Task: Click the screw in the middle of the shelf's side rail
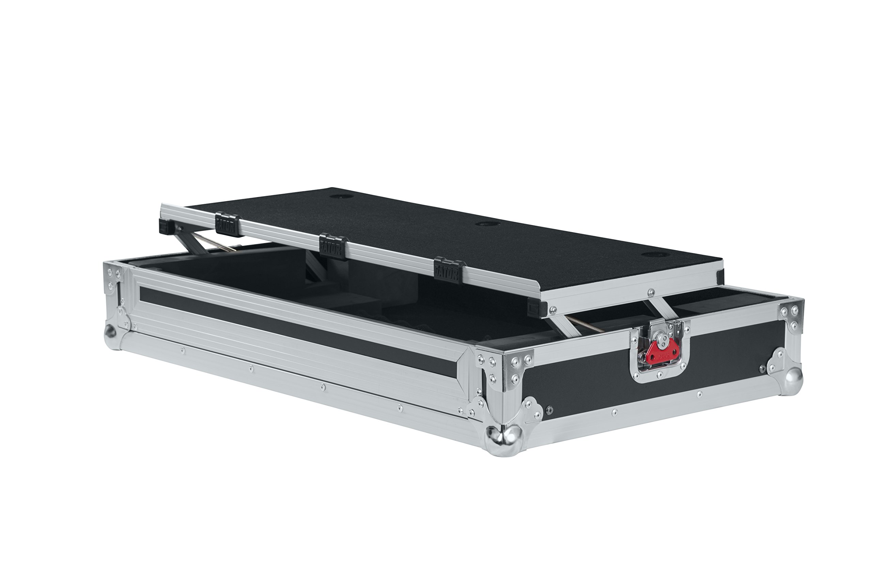pos(651,293)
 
